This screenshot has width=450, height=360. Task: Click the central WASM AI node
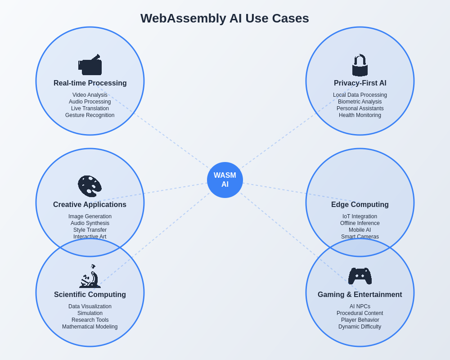[x=225, y=180]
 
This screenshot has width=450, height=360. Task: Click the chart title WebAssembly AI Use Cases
[x=225, y=18]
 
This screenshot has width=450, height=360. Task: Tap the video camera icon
[x=90, y=65]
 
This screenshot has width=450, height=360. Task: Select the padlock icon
[x=360, y=65]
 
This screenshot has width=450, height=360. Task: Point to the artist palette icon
[x=90, y=186]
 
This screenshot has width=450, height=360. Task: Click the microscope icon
[x=90, y=276]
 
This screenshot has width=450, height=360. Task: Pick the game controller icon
[x=360, y=276]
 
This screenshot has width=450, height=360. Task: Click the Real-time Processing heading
[x=90, y=83]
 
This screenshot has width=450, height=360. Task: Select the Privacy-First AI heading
[x=360, y=83]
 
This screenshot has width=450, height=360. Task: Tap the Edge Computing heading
[x=360, y=205]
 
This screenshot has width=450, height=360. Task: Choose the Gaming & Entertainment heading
[x=360, y=295]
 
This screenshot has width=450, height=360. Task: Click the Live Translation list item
[x=90, y=108]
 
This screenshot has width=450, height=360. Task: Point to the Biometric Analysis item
[x=360, y=102]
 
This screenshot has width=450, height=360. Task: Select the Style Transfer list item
[x=90, y=230]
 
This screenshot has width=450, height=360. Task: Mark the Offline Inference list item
[x=360, y=223]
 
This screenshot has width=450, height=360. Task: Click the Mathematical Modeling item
[x=90, y=327]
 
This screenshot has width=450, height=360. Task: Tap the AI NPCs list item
[x=360, y=306]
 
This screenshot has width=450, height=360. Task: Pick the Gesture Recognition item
[x=90, y=115]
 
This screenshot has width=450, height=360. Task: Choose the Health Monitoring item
[x=360, y=115]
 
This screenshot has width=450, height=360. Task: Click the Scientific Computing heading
[x=90, y=295]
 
